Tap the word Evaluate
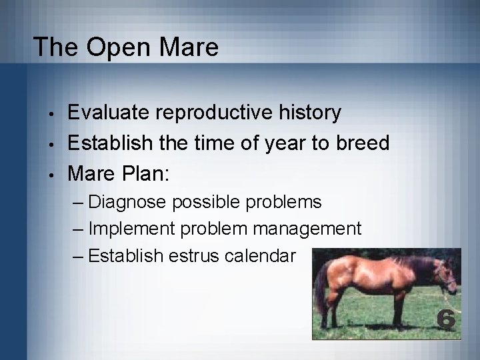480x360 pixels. pos(111,113)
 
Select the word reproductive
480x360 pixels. pos(222,113)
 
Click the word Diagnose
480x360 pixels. pos(127,202)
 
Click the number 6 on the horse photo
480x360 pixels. pos(446,320)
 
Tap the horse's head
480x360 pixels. pos(445,274)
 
